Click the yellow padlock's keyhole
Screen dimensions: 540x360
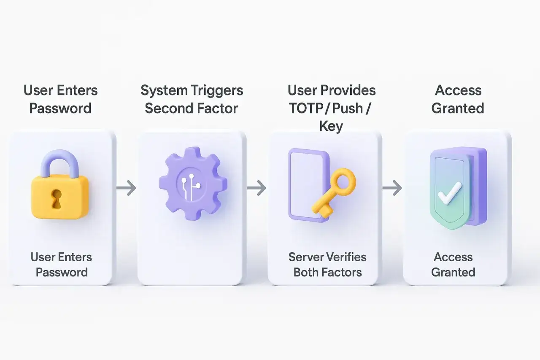[57, 199]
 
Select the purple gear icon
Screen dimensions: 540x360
[193, 184]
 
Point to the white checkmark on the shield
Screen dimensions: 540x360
[450, 194]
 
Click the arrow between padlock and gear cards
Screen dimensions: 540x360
[126, 188]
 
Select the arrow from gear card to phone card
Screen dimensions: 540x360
[256, 188]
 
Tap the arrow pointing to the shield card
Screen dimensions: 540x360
[392, 188]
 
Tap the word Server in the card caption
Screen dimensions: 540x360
[307, 257]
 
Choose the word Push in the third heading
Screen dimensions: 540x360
[347, 108]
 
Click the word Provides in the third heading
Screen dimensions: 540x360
[348, 90]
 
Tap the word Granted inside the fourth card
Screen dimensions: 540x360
[453, 273]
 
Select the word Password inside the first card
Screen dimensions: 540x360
[62, 273]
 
